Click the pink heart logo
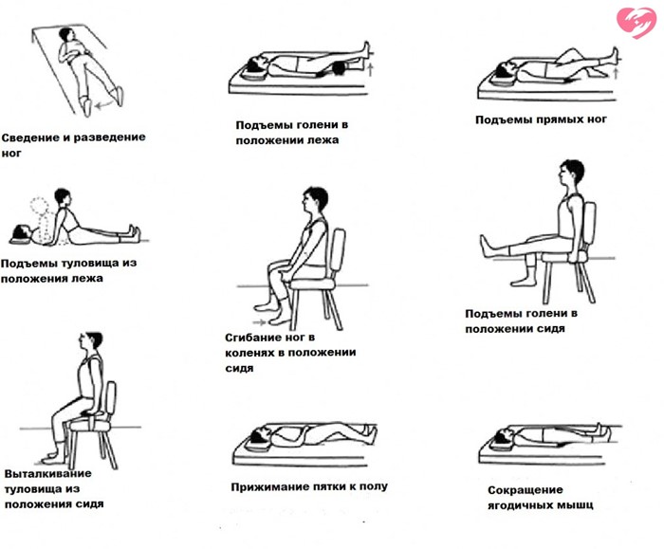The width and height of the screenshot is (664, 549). [x=636, y=23]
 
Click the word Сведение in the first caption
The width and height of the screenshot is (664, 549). [x=31, y=138]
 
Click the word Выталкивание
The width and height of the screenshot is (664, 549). [x=47, y=474]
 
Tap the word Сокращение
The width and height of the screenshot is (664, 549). [x=526, y=490]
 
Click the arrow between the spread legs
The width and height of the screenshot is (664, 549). [x=104, y=104]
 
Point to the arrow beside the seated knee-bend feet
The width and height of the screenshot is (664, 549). [x=259, y=322]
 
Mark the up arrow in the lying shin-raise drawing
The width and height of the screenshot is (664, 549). [x=371, y=69]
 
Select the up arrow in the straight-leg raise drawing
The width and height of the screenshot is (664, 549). [x=617, y=72]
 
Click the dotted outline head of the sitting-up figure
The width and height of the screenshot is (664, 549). [x=39, y=207]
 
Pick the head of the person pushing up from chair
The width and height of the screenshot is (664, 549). [x=91, y=341]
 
